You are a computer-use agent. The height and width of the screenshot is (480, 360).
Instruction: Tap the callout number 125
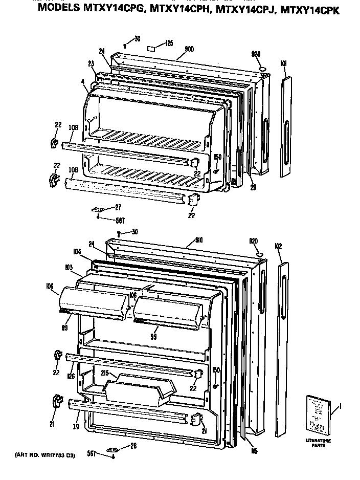[169, 43]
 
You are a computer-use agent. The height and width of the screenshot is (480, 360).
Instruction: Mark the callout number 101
[283, 64]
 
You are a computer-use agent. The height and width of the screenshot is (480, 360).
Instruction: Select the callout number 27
[118, 207]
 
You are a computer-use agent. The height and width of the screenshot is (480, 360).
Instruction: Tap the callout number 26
[133, 446]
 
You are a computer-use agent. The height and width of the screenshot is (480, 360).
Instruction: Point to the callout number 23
[91, 64]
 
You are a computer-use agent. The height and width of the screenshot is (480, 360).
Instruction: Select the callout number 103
[69, 267]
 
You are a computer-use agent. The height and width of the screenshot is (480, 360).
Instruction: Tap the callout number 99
[153, 337]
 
